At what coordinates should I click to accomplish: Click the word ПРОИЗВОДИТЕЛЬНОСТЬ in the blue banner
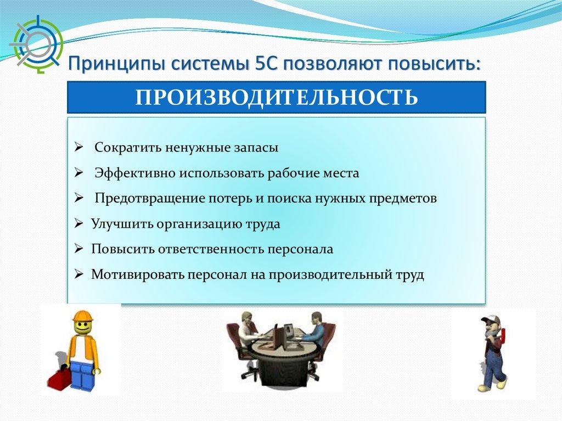(277, 97)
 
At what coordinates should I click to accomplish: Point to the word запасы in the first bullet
(256, 148)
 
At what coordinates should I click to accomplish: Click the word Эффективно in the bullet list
(135, 173)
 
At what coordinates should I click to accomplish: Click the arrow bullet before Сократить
(79, 148)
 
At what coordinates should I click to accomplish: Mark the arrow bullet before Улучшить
(79, 224)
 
